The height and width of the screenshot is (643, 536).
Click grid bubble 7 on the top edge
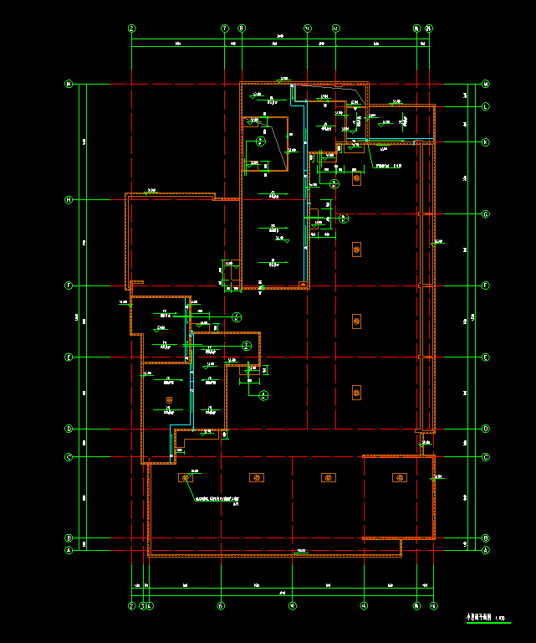tap(224, 28)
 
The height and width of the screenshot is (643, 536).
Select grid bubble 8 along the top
tap(242, 28)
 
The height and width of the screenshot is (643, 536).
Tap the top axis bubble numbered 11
tap(307, 28)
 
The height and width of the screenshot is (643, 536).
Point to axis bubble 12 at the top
tap(336, 28)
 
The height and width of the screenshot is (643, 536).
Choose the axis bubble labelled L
tap(485, 106)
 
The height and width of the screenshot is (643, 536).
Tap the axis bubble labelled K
tap(485, 142)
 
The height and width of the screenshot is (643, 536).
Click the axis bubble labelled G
tap(485, 214)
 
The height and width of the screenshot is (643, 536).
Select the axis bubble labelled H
tap(69, 199)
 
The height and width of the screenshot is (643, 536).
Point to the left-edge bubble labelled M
tap(69, 84)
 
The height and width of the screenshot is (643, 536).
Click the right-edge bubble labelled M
tap(485, 84)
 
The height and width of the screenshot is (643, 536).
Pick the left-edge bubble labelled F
tap(69, 285)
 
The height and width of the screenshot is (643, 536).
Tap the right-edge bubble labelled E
tap(485, 358)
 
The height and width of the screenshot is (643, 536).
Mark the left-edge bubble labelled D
tap(69, 429)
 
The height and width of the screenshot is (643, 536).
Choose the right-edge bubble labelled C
tap(485, 457)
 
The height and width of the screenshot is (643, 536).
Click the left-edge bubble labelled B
tap(69, 538)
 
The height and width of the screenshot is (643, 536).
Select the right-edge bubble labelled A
tap(485, 550)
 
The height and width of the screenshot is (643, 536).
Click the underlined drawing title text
tap(482, 617)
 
